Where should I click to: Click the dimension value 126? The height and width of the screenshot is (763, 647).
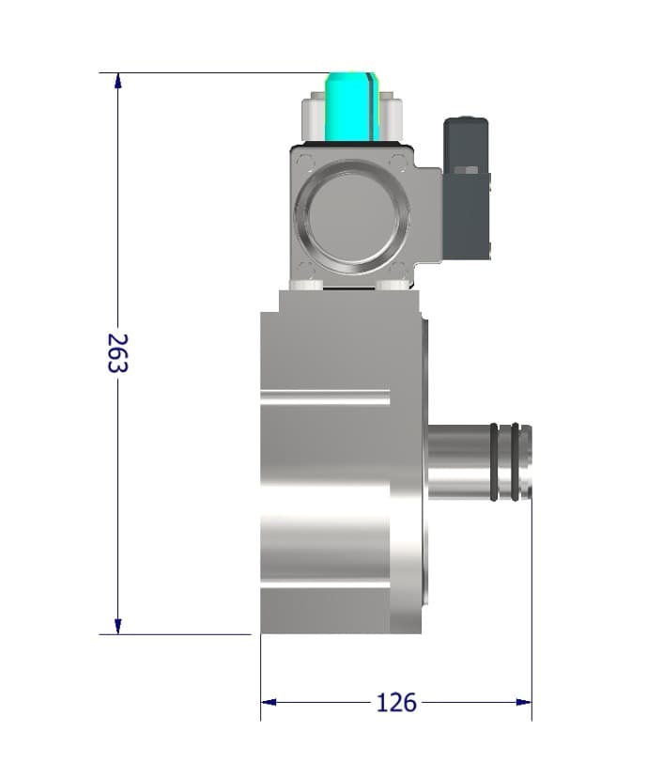tap(395, 702)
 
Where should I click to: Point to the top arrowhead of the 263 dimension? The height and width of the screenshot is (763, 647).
tap(118, 81)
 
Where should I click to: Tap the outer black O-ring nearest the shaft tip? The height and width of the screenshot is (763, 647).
tap(516, 461)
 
